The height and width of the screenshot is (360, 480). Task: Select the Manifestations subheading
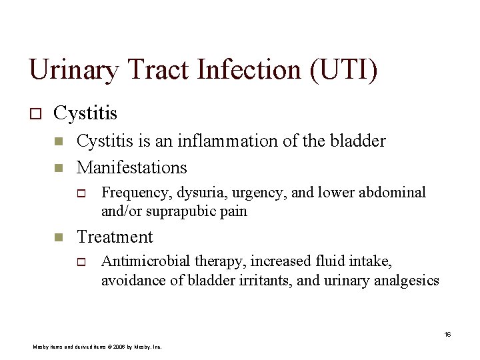132,167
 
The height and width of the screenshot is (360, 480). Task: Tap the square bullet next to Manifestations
58,167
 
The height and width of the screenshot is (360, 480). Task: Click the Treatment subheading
115,237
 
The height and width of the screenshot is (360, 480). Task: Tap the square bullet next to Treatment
58,237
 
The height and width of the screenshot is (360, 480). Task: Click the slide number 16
447,334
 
